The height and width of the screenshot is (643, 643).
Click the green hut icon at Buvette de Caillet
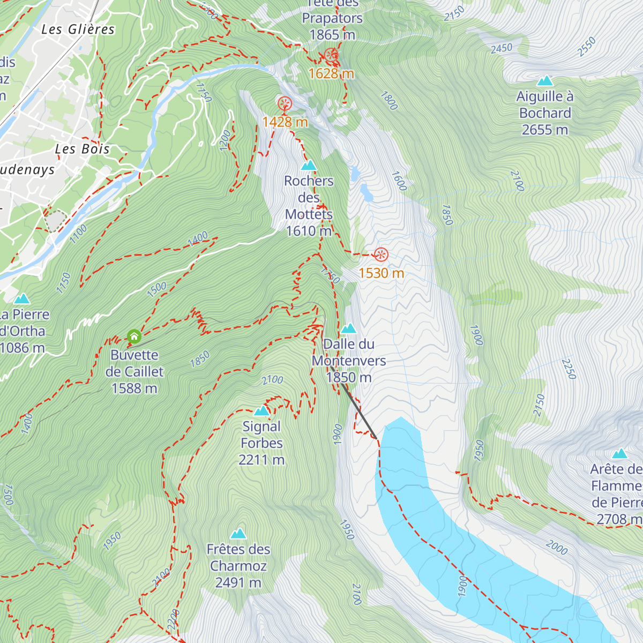(134, 337)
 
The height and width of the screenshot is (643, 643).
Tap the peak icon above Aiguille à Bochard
(545, 81)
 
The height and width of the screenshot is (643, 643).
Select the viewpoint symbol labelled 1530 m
(381, 255)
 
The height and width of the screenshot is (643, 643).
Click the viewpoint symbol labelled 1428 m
(285, 103)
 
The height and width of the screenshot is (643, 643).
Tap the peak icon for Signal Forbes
(261, 411)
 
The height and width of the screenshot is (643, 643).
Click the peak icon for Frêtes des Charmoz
(238, 534)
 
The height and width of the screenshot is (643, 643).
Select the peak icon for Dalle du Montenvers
(349, 328)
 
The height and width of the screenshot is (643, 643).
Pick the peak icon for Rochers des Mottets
(309, 166)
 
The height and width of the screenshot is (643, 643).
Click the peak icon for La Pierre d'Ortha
(22, 299)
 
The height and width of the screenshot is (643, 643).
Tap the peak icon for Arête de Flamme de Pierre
(619, 454)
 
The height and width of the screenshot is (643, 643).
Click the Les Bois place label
(83, 149)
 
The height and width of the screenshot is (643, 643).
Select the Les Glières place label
(78, 29)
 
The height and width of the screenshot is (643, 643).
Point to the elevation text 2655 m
(545, 130)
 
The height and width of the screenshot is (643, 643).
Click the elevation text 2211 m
(261, 460)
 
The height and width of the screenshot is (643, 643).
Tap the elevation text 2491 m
(238, 582)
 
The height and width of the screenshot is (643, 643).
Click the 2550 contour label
(587, 47)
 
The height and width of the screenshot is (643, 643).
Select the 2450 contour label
(502, 48)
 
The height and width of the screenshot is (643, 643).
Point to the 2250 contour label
(569, 369)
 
